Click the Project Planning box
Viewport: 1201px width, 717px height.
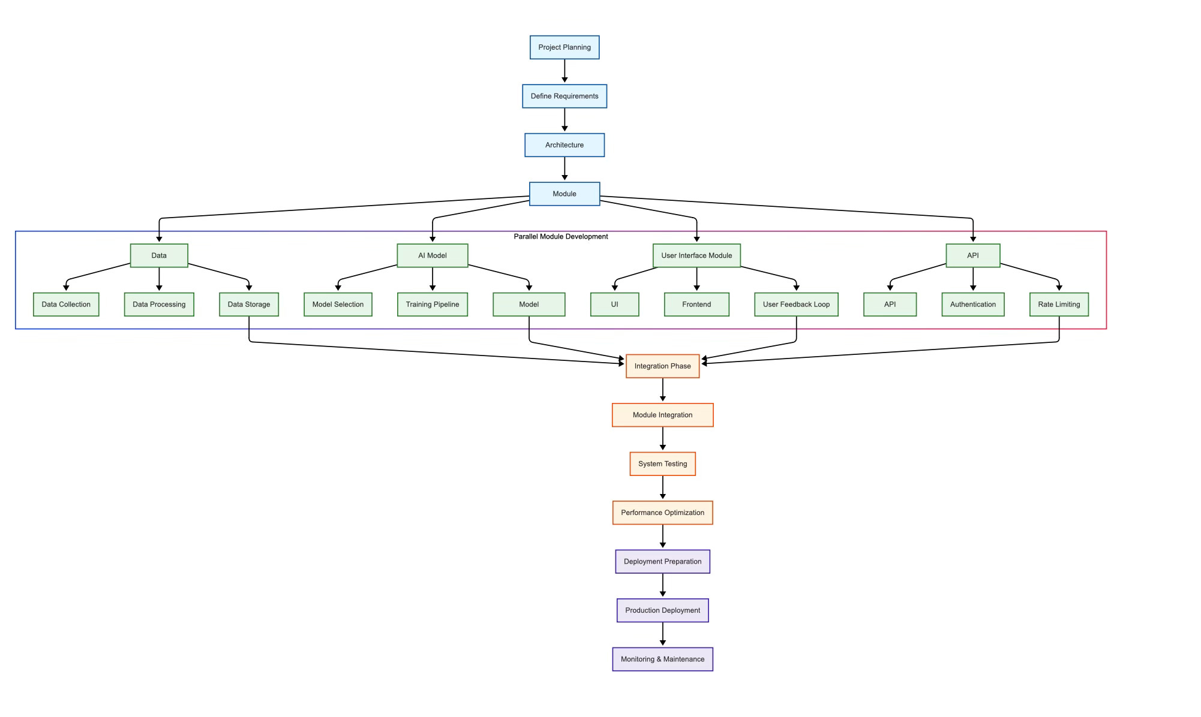564,47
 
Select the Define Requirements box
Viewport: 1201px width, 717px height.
564,96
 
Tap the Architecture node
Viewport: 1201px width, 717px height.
564,145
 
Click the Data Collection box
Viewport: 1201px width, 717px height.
66,305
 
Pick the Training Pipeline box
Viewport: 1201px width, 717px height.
432,305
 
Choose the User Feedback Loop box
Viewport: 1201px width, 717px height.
796,305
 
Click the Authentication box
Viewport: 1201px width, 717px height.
972,305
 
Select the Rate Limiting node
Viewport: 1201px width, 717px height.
1059,305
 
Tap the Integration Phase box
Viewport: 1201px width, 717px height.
662,366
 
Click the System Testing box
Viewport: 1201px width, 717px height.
662,464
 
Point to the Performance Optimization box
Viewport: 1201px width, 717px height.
662,513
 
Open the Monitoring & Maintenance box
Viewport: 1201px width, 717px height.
662,659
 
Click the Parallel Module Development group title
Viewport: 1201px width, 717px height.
560,237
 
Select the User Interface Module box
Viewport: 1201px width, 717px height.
696,255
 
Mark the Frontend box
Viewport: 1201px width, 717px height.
696,305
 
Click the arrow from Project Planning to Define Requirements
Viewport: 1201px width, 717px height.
565,71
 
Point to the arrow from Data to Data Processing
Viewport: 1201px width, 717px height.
159,279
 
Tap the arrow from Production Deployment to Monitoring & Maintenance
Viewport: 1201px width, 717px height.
663,634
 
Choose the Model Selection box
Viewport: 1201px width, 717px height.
338,305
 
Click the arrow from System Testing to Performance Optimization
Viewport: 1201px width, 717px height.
663,488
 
